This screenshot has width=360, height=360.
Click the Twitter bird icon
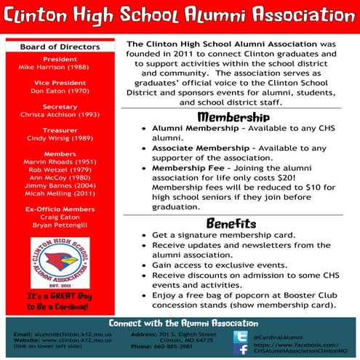point(240,337)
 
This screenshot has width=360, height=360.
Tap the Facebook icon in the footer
point(240,350)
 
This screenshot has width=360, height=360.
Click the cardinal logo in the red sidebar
point(60,260)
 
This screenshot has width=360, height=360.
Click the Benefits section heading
point(231,223)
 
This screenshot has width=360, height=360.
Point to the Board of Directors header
point(60,48)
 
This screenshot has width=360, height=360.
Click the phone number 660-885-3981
point(175,346)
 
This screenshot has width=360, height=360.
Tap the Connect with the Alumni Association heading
point(183,322)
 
